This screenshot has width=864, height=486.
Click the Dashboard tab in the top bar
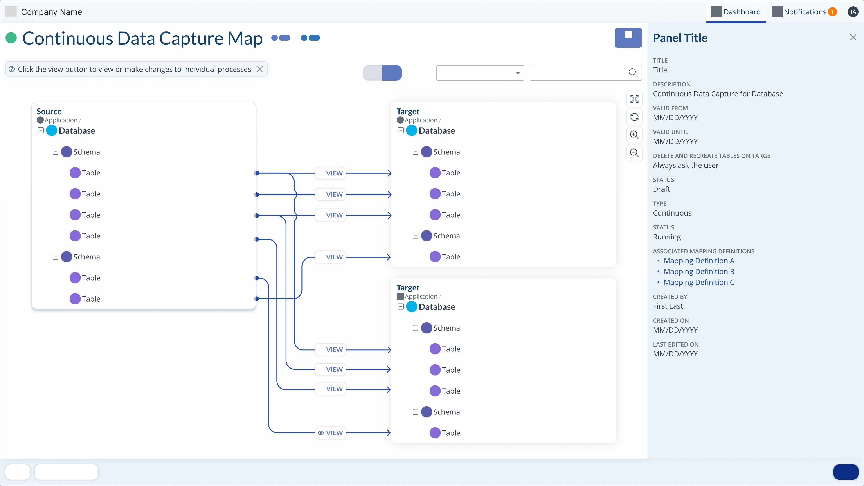(x=736, y=12)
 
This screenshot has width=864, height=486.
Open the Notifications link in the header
(x=804, y=12)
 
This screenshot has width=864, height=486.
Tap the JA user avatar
(x=853, y=12)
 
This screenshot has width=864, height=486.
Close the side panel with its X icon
(x=853, y=38)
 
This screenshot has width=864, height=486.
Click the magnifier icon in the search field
(x=632, y=73)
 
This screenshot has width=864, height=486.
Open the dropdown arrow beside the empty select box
(x=517, y=73)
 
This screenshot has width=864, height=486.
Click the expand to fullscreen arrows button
(x=634, y=99)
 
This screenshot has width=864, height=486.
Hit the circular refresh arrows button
(x=634, y=117)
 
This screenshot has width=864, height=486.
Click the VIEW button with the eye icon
(x=330, y=433)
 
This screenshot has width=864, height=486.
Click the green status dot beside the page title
(x=11, y=38)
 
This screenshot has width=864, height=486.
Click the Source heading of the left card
(x=49, y=111)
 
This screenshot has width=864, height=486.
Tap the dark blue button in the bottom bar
(x=846, y=472)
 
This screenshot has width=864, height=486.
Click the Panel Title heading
(x=680, y=38)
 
